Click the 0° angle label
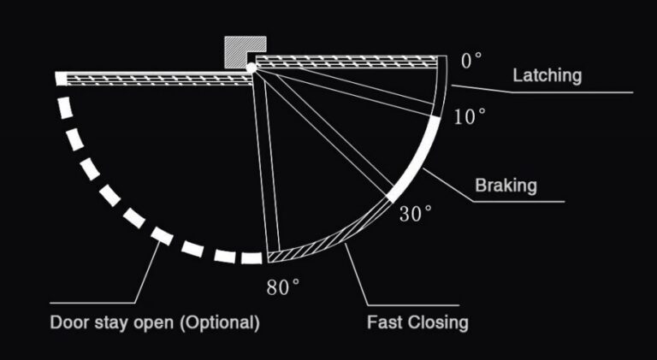pyautogui.click(x=471, y=61)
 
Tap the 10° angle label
pyautogui.click(x=470, y=116)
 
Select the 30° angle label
pyautogui.click(x=415, y=214)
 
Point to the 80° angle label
pyautogui.click(x=283, y=287)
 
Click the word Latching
pyautogui.click(x=547, y=76)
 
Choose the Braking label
pyautogui.click(x=506, y=185)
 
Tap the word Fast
pyautogui.click(x=385, y=322)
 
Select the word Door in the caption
pyautogui.click(x=66, y=322)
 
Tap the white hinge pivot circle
pyautogui.click(x=251, y=68)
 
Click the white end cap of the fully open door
pyautogui.click(x=62, y=79)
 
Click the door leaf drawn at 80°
pyautogui.click(x=266, y=163)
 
